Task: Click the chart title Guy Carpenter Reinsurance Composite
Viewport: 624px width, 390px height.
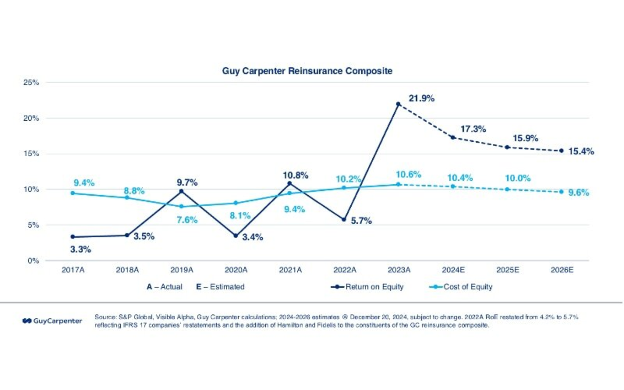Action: tap(307, 71)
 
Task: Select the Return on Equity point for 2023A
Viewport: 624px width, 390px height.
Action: tap(398, 104)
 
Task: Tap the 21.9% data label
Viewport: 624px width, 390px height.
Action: tap(421, 99)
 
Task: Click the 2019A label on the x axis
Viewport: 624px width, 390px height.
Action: tap(182, 270)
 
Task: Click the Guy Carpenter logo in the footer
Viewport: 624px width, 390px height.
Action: tap(52, 321)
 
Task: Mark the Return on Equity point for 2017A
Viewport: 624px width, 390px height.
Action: tap(73, 237)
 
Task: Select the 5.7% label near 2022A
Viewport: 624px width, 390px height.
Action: tap(361, 221)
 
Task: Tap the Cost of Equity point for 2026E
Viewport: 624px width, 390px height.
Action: tap(561, 192)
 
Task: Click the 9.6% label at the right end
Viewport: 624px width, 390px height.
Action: tap(578, 193)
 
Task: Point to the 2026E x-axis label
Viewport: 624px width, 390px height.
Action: tap(562, 270)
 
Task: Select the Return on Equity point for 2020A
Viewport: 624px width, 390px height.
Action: tap(236, 236)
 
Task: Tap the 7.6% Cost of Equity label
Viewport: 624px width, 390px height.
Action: tap(187, 220)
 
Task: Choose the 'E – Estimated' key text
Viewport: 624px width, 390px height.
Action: tap(220, 287)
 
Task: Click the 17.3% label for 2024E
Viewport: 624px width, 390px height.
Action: tap(473, 129)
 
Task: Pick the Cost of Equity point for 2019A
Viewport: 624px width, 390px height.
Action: tap(181, 207)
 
